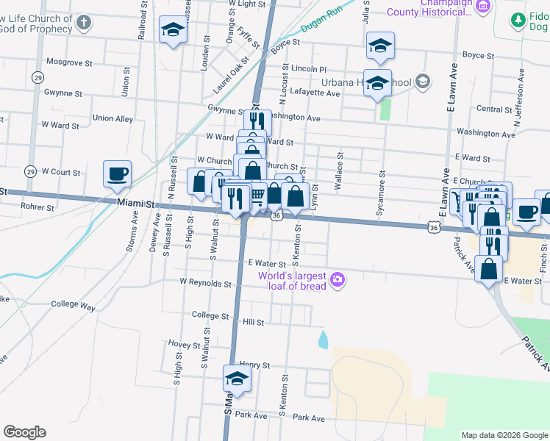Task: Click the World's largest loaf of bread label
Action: click(x=291, y=280)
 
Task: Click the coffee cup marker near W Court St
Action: click(x=117, y=175)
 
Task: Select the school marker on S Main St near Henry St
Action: click(x=237, y=379)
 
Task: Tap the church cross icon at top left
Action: click(x=84, y=23)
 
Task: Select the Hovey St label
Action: click(x=184, y=344)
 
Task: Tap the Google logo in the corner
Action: click(x=24, y=432)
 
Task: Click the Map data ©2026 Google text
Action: click(x=504, y=435)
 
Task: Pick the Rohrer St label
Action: click(x=38, y=207)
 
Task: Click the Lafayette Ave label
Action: click(x=315, y=93)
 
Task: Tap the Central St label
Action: click(x=488, y=109)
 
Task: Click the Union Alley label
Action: click(x=113, y=118)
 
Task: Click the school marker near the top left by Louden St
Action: click(x=173, y=30)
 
